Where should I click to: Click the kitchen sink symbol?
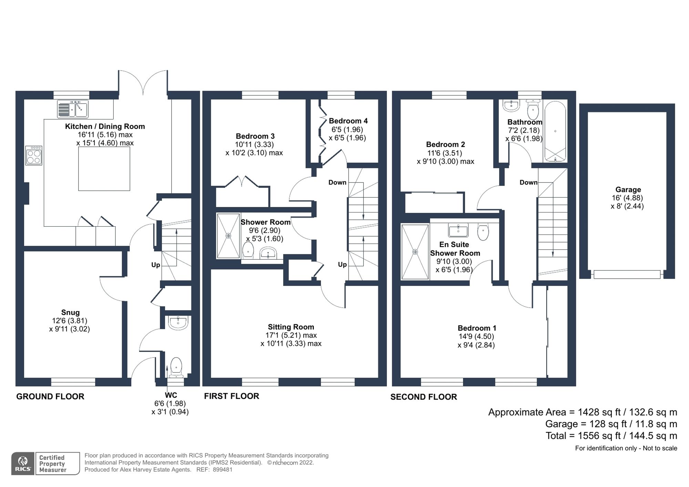[73, 109]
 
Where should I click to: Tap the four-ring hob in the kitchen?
[34, 156]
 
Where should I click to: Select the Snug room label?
[70, 312]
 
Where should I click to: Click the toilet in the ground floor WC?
[176, 366]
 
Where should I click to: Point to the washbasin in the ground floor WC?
[178, 323]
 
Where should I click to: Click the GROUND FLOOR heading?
[50, 396]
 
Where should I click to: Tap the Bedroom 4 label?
[348, 121]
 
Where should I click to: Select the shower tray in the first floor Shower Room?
[228, 236]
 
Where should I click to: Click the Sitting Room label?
[291, 327]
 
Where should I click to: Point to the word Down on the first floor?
[337, 183]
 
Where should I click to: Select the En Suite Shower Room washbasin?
[458, 230]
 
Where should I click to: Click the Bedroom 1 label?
[477, 328]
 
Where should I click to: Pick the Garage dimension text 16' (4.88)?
[627, 198]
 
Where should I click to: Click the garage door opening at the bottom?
[627, 274]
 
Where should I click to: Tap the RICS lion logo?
[23, 463]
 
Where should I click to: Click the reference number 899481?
[223, 470]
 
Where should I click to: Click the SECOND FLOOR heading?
[423, 397]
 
